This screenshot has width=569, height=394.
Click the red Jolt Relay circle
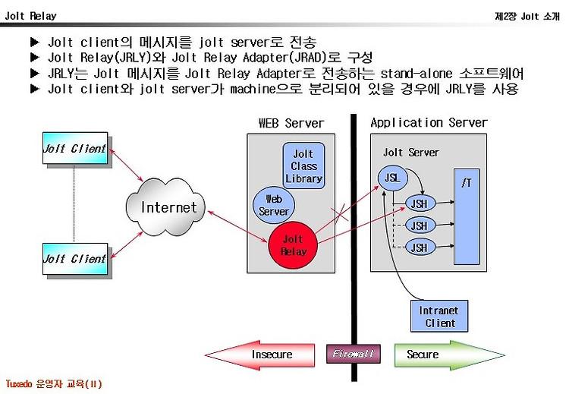(293, 245)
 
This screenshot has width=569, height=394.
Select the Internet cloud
(165, 206)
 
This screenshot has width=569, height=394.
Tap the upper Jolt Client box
(75, 148)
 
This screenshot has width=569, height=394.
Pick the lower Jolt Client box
(75, 259)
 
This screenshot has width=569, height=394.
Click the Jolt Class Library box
(303, 166)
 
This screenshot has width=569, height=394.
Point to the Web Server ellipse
(274, 205)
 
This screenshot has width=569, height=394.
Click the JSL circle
(392, 178)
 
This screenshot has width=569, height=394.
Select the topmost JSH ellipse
(420, 203)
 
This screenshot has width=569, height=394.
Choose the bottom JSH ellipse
(420, 247)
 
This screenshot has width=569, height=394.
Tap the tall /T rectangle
(467, 216)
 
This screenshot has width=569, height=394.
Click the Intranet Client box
(439, 317)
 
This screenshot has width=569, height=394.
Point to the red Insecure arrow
(259, 355)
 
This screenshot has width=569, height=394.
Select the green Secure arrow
(449, 355)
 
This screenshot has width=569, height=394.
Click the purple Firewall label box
(354, 354)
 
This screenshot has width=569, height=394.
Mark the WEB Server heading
(291, 123)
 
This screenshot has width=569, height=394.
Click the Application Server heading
(429, 123)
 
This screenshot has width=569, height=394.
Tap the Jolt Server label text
(410, 153)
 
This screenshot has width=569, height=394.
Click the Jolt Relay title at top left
(31, 16)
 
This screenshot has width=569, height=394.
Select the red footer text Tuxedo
(19, 384)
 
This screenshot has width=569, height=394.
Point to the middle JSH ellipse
(420, 226)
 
